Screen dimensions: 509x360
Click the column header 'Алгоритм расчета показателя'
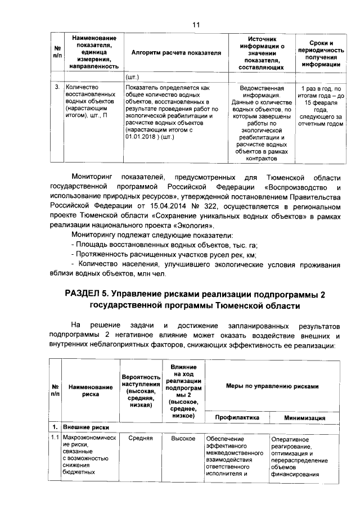[176, 52]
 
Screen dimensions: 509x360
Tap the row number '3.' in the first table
[57, 88]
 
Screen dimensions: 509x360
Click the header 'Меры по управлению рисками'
[272, 386]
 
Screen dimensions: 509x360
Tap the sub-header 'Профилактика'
[236, 418]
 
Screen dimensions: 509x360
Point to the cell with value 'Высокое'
[182, 438]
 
